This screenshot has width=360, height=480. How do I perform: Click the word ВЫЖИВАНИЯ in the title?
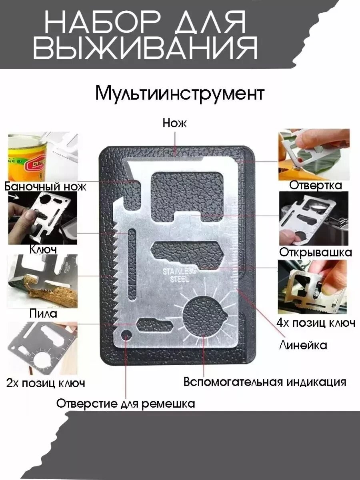click(145, 48)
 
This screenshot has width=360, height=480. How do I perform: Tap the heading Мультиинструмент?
click(180, 93)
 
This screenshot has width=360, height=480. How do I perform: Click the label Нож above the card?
click(174, 123)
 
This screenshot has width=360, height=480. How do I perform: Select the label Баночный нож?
click(45, 187)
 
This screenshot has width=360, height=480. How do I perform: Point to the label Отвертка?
click(316, 186)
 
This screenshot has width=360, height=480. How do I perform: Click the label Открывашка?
click(316, 252)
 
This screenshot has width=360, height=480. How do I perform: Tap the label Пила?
click(43, 313)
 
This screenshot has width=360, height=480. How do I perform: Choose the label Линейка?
click(303, 345)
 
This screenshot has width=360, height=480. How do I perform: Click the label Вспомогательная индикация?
click(265, 382)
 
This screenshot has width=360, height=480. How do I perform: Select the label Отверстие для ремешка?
click(126, 403)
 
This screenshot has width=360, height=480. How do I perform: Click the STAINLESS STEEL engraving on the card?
click(179, 275)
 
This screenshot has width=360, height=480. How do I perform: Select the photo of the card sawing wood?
click(43, 281)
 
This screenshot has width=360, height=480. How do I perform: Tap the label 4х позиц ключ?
click(316, 323)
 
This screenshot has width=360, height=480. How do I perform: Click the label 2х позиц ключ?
click(46, 383)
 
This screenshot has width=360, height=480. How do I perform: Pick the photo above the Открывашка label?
click(314, 218)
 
